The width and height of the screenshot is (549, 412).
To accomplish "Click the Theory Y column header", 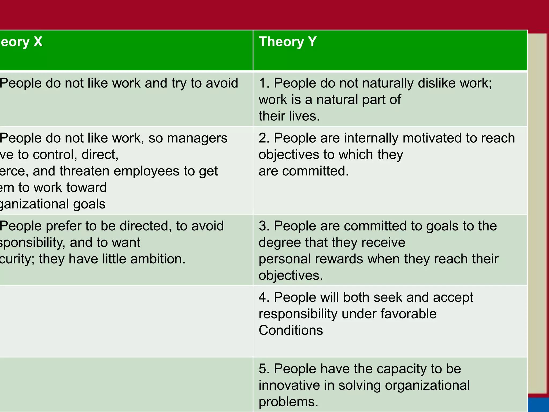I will point(288,42).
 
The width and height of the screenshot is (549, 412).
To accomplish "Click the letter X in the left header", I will point(38,42).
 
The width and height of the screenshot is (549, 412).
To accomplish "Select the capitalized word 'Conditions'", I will point(291,330).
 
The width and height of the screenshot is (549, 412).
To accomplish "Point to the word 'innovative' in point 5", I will point(290,385).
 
